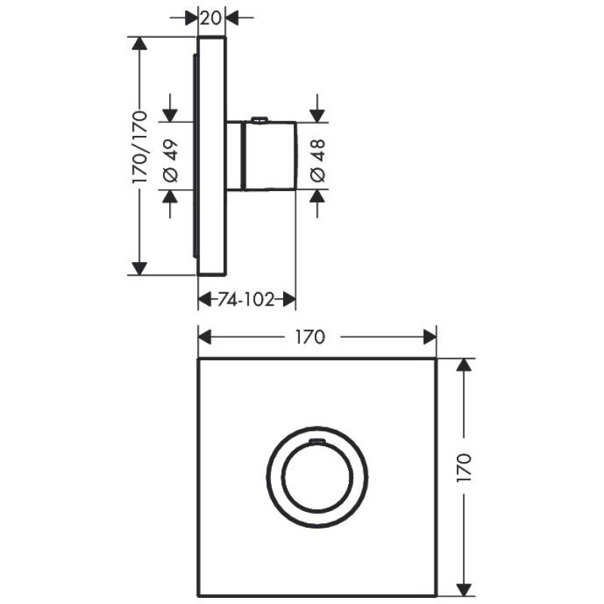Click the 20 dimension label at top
click(x=211, y=17)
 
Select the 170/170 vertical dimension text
click(x=140, y=147)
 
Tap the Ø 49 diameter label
click(x=171, y=161)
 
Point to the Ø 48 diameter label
click(x=318, y=161)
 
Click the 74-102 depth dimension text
click(x=246, y=299)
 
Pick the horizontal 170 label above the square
click(x=310, y=337)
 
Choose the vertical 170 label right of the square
click(x=464, y=467)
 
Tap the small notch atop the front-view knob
click(x=317, y=440)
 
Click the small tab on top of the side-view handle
click(x=259, y=120)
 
